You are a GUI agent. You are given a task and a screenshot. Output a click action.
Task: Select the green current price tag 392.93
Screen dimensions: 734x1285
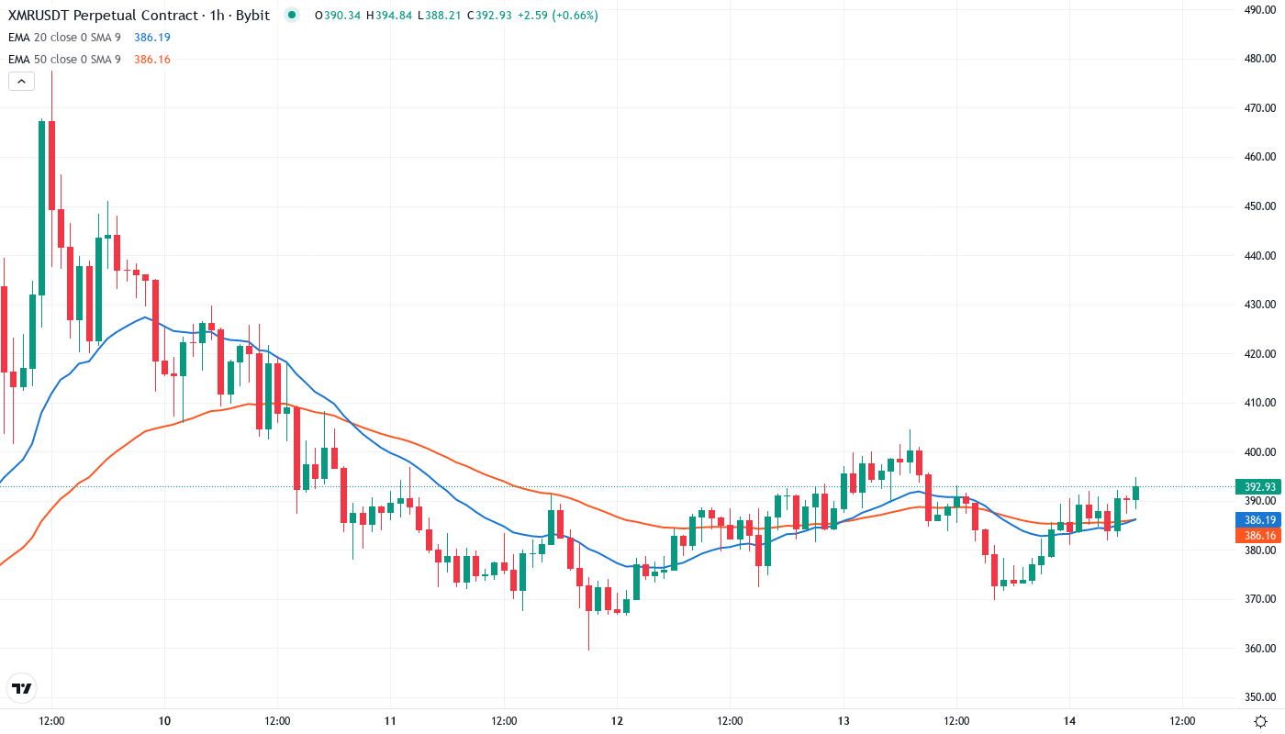tap(1257, 487)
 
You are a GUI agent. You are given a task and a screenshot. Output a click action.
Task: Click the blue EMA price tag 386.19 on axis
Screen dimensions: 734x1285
tap(1257, 519)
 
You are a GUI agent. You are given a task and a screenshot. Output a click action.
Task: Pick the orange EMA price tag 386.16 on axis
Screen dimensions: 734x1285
tap(1257, 535)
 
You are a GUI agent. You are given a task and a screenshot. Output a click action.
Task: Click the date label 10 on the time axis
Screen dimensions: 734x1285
tap(164, 721)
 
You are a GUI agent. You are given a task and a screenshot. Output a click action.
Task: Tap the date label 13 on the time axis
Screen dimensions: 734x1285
tap(844, 721)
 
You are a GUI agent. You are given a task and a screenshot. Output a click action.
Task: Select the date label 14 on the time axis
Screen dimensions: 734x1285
tap(1069, 721)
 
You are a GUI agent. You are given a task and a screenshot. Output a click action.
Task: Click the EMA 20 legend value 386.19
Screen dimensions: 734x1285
tap(152, 37)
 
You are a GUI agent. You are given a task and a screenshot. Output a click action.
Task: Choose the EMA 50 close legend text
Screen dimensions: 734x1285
tap(64, 60)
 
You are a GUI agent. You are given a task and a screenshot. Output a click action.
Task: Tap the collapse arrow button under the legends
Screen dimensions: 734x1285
tap(21, 81)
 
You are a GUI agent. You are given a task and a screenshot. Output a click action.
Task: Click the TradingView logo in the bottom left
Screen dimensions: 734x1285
tap(22, 688)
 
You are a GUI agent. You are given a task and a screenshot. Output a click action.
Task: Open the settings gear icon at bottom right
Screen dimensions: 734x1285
tap(1261, 721)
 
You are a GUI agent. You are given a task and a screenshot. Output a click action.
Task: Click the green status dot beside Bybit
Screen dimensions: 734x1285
tap(292, 15)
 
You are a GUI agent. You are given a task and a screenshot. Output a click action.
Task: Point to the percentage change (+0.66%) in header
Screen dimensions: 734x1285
tap(574, 15)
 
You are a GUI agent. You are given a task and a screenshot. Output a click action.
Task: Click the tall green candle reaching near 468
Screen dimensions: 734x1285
tap(41, 206)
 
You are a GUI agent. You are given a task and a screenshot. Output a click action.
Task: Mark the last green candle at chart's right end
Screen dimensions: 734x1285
tap(1135, 493)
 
